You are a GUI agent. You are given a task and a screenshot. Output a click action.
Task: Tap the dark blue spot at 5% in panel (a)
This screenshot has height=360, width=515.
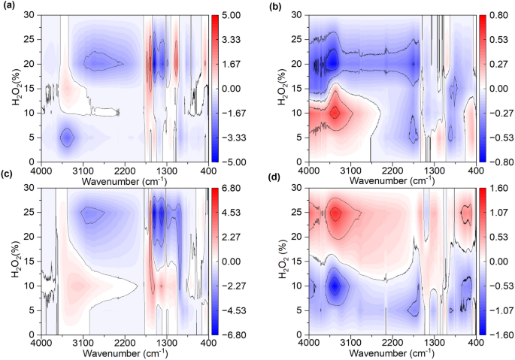pos(67,138)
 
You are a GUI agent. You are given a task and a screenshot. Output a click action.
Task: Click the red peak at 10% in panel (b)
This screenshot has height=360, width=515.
pos(335,113)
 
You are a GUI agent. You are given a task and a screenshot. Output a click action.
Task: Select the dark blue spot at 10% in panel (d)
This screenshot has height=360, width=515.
pos(335,286)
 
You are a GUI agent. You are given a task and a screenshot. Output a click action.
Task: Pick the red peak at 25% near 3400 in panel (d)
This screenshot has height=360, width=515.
pos(335,213)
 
